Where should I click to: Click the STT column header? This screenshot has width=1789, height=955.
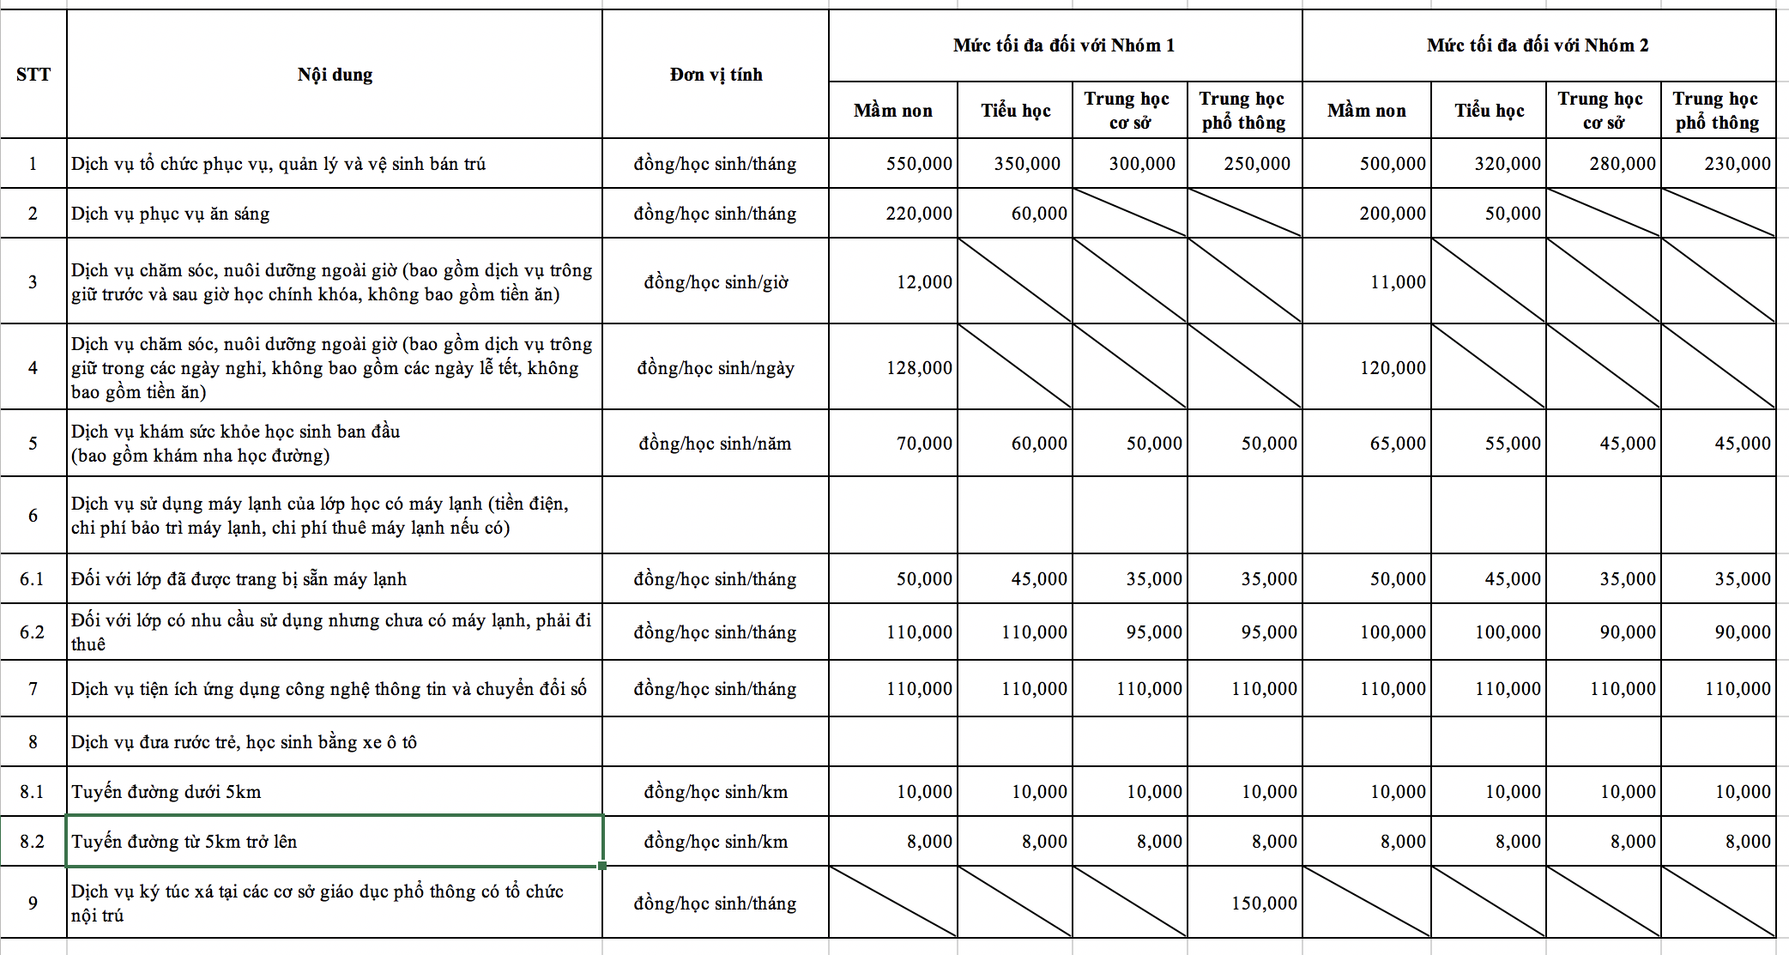point(33,75)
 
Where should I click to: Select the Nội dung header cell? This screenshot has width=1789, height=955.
point(335,75)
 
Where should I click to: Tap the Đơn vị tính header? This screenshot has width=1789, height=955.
point(716,75)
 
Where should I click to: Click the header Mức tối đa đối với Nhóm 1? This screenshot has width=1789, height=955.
point(1064,45)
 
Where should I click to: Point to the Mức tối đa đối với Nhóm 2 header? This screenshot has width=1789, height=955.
point(1538,45)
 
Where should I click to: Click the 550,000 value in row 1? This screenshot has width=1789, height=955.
point(919,164)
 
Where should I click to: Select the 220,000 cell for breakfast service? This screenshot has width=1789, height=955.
point(919,214)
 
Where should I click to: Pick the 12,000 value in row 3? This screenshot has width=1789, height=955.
point(924,282)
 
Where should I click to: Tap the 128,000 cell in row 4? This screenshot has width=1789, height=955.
point(919,368)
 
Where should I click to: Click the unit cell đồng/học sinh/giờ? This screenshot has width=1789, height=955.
point(716,282)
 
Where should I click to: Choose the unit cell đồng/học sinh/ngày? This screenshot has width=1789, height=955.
point(716,368)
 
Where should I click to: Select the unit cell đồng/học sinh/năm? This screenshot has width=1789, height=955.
point(716,444)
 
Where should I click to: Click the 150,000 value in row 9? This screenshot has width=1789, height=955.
point(1264,904)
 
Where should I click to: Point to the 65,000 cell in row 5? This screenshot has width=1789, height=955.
point(1398,444)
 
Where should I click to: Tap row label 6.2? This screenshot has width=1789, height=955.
point(33,632)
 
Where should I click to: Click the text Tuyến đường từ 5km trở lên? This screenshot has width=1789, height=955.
point(184,842)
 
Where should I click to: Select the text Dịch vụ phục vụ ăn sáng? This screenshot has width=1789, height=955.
point(171,214)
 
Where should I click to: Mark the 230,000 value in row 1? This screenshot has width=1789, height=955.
point(1737,164)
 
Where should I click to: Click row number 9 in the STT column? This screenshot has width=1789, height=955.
point(33,904)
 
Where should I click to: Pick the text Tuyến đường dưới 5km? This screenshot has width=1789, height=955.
point(166,792)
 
